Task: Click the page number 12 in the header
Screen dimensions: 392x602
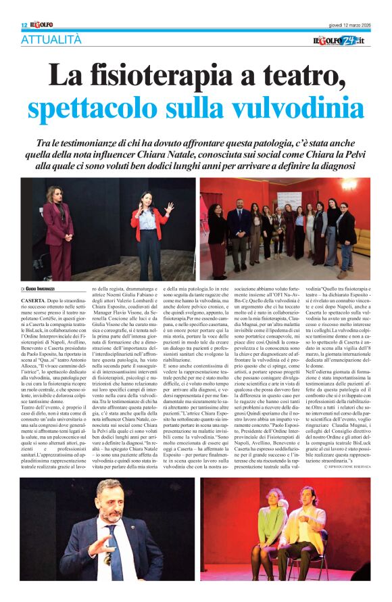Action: (24, 25)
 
